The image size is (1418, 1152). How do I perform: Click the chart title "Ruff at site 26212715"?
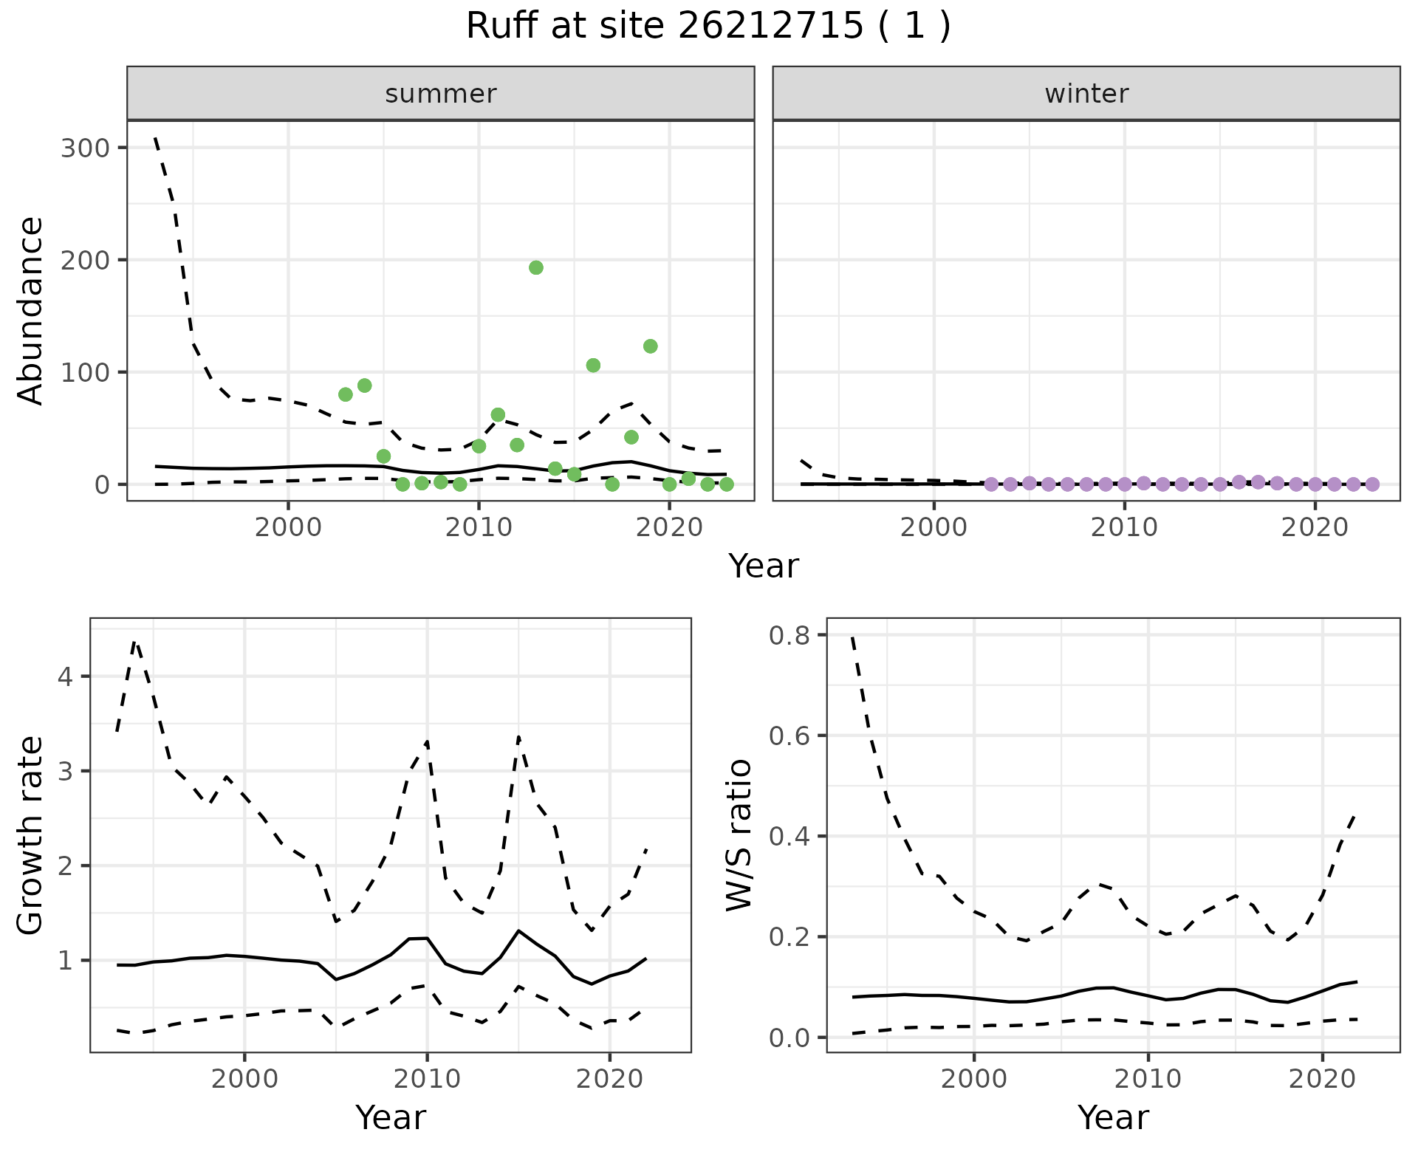(708, 27)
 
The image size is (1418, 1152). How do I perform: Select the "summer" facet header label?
(440, 94)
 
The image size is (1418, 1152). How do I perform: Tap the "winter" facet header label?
(1086, 94)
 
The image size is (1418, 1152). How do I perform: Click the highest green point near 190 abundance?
(536, 267)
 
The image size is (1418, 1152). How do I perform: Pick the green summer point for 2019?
(650, 346)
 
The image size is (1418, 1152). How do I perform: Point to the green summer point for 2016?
(593, 366)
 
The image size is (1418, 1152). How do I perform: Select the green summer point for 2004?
(364, 385)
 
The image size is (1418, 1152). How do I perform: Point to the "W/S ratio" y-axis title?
(739, 834)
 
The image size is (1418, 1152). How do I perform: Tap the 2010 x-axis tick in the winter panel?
(1124, 527)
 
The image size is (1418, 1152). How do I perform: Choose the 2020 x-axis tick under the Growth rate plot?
(609, 1079)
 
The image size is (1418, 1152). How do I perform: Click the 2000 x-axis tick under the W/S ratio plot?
(973, 1079)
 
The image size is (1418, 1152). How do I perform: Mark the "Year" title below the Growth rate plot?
(390, 1118)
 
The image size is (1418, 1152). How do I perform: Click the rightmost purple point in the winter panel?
(1372, 484)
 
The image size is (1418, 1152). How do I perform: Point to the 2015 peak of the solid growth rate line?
(518, 930)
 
